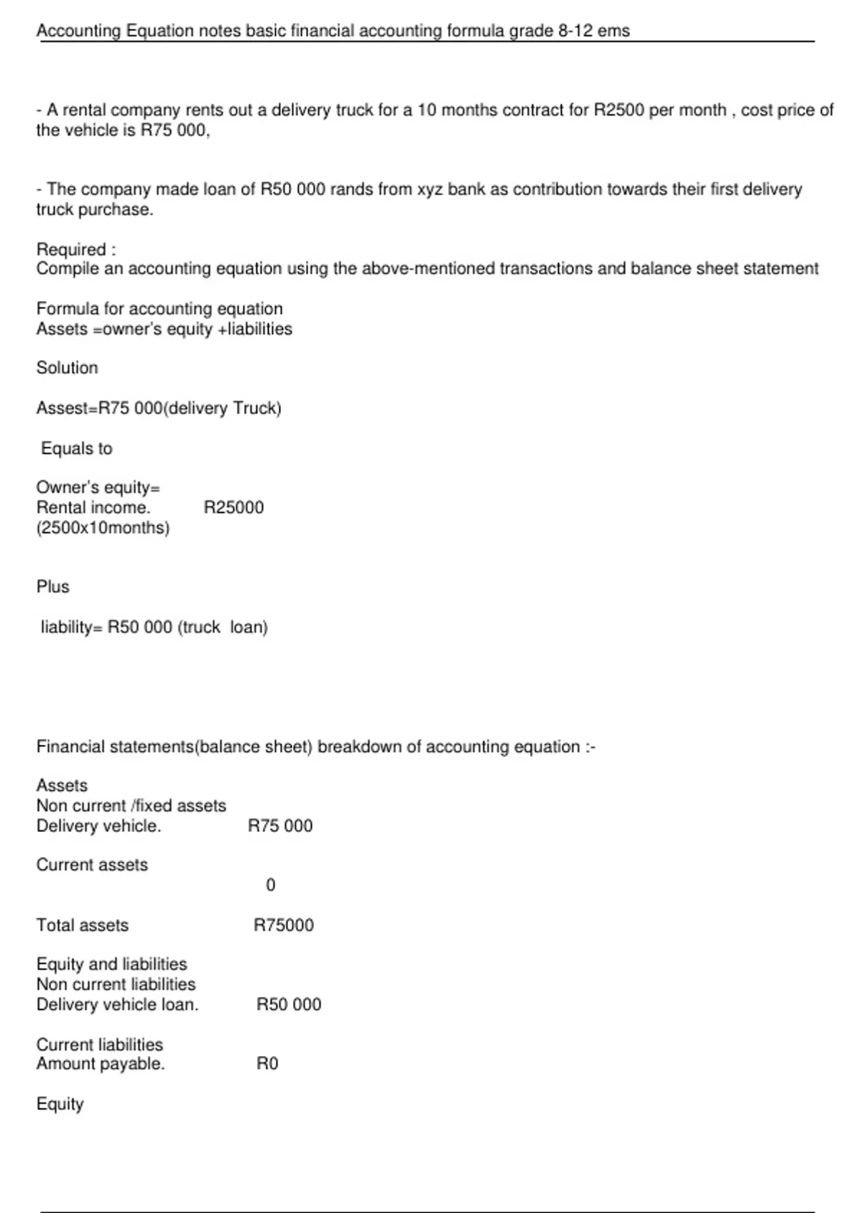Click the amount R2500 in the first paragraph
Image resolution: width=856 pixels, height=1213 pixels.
tap(618, 111)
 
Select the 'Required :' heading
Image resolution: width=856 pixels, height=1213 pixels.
tap(76, 250)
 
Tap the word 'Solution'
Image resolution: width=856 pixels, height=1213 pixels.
tap(67, 368)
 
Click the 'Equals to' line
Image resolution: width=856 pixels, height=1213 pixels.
tap(76, 449)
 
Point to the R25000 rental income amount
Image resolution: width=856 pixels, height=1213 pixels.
tap(233, 508)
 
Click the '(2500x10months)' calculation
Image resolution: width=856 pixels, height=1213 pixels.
tap(103, 528)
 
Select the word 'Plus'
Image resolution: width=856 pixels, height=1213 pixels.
tap(53, 587)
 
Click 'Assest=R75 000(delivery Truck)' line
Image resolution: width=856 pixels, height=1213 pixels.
tap(158, 408)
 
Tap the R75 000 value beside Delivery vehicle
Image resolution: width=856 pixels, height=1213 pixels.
tap(280, 826)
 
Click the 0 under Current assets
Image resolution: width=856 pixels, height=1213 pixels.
tap(270, 885)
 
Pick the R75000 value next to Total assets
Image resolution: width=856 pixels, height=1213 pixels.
tap(283, 925)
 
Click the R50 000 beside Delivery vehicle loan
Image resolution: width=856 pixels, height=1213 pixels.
tap(288, 1005)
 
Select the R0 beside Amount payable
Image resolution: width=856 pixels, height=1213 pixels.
tap(267, 1064)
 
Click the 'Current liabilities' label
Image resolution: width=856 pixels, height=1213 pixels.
tap(99, 1045)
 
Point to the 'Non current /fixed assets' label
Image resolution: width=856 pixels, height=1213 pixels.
tap(131, 806)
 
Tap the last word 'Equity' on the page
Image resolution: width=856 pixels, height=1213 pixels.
tap(60, 1104)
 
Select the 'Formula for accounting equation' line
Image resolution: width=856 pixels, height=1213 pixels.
tap(159, 309)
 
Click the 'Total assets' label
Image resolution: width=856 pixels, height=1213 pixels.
tap(82, 925)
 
